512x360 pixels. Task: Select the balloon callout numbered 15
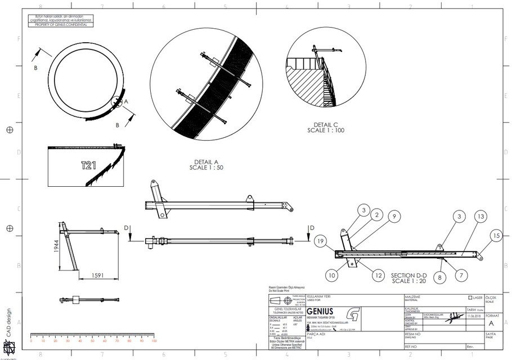coord(495,236)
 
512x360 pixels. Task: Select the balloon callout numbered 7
coord(461,274)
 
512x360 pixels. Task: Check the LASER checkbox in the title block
coord(470,298)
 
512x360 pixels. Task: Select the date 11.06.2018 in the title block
coord(474,316)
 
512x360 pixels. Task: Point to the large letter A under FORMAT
coord(492,324)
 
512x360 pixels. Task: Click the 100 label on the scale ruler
coord(154,341)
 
